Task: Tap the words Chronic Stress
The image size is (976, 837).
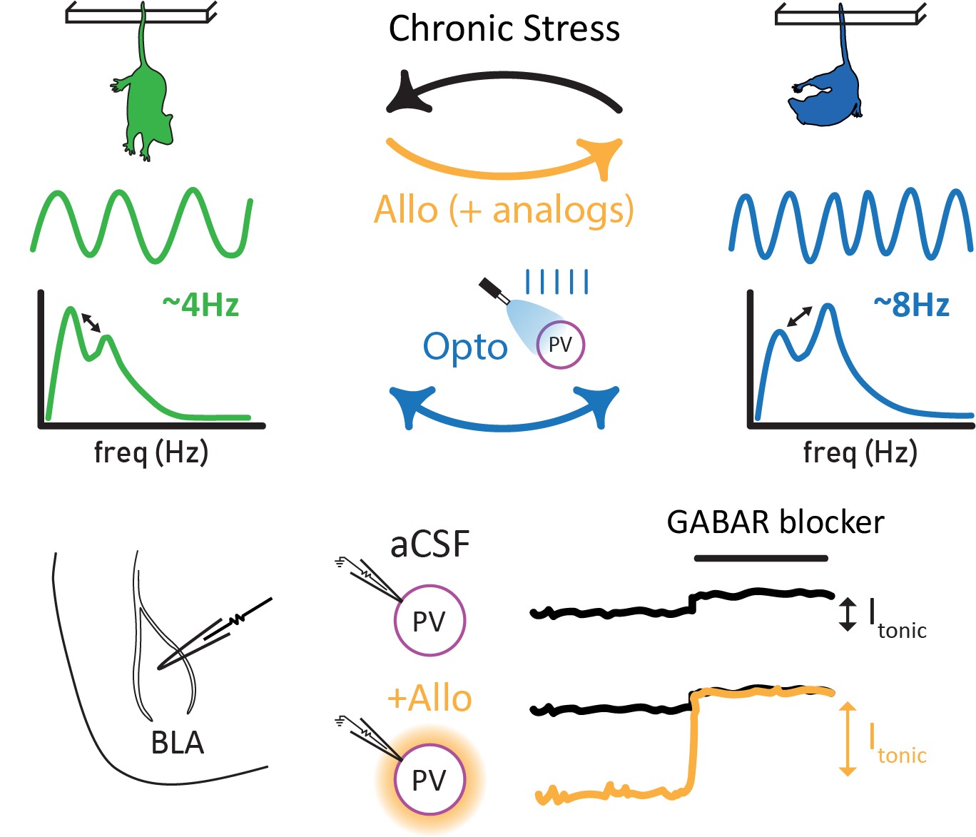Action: (x=504, y=29)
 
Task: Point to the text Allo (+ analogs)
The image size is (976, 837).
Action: (x=504, y=210)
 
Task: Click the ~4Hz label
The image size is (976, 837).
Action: (x=200, y=305)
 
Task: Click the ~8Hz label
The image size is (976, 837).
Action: (x=911, y=305)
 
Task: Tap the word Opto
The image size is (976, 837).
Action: (x=464, y=348)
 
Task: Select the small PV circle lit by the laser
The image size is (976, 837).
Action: (x=560, y=345)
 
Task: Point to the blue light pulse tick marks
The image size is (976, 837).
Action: (x=556, y=282)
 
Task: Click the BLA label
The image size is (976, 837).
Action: (x=177, y=743)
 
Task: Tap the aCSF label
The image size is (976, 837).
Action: (x=429, y=544)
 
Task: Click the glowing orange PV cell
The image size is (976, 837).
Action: (x=429, y=780)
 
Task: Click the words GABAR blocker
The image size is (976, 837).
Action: (x=775, y=522)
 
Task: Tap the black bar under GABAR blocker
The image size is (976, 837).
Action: (x=761, y=558)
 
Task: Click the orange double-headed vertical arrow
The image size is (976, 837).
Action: (x=847, y=739)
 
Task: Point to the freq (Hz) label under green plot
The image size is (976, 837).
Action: (x=151, y=452)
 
